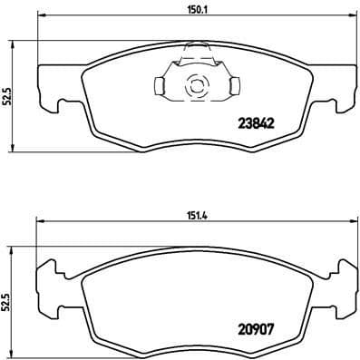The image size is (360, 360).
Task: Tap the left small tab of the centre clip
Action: pyautogui.click(x=160, y=86)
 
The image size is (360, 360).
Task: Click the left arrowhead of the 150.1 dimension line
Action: pyautogui.click(x=42, y=20)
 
